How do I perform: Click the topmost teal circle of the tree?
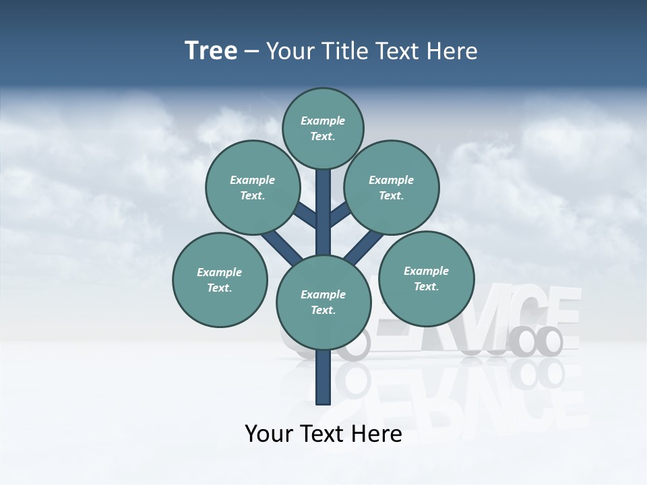[x=323, y=128]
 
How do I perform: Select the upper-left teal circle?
[x=253, y=187]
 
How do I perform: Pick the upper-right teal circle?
[x=392, y=187]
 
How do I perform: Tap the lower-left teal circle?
[x=220, y=280]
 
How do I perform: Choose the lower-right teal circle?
[x=426, y=278]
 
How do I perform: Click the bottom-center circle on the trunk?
[x=323, y=302]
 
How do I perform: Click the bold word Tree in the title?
[x=211, y=51]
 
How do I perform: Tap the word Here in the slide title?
[x=452, y=51]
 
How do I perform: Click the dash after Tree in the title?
[x=252, y=51]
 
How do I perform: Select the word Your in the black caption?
[x=270, y=433]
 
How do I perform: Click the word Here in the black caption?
[x=377, y=433]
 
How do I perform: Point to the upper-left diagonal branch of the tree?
[x=305, y=215]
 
